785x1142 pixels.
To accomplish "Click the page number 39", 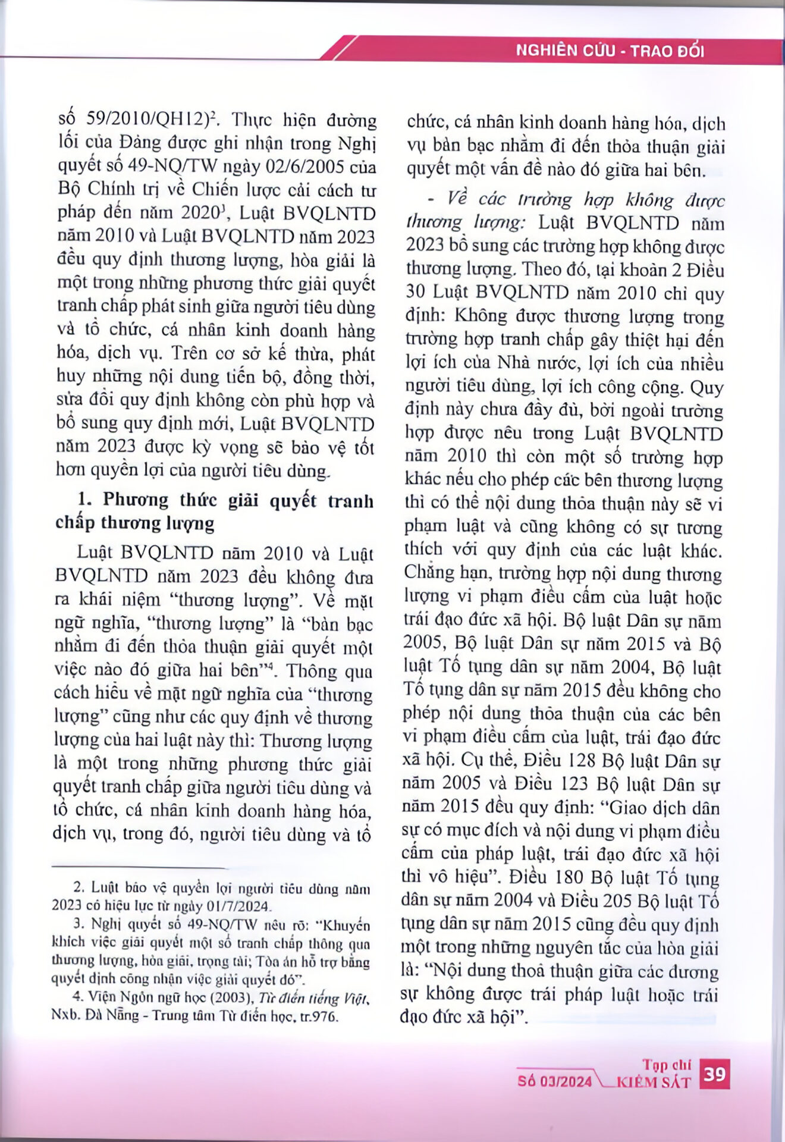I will click(714, 1074).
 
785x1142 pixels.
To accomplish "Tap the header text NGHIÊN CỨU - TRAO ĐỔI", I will click(610, 51).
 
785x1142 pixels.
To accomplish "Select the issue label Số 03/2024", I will click(554, 1081).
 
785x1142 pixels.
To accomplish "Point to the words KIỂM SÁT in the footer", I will click(654, 1082).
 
